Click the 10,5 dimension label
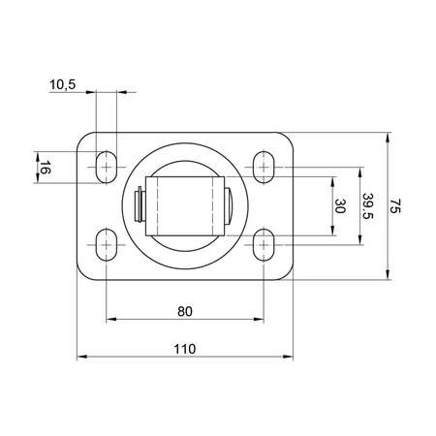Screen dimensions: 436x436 tap(62, 85)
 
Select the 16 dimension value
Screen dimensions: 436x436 tap(44, 169)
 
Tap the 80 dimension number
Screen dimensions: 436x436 tap(185, 311)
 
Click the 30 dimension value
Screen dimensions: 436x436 tap(340, 205)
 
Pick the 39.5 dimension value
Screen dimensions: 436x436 tap(367, 205)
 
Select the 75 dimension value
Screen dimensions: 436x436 tap(395, 205)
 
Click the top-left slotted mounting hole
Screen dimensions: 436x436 tap(106, 168)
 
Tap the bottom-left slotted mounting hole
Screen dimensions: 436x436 tap(106, 245)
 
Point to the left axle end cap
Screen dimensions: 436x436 tap(140, 205)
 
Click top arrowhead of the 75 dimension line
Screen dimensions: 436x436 tap(388, 134)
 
